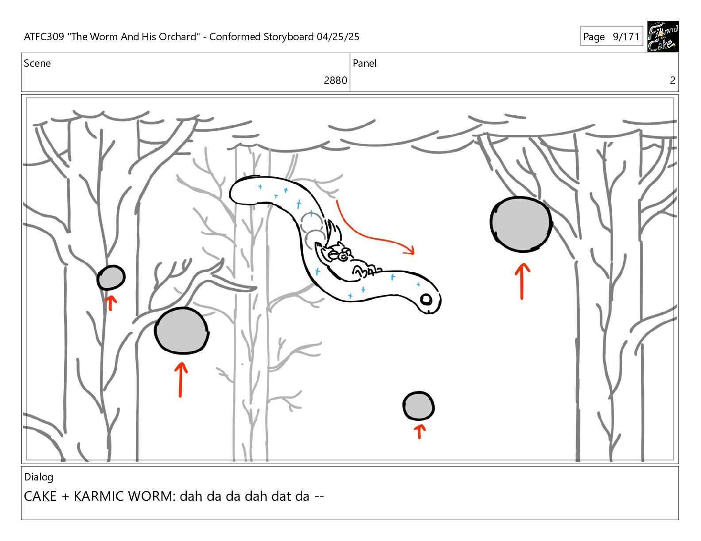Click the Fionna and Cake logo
[662, 36]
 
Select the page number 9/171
[626, 37]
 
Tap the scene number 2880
[335, 80]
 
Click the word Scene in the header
[37, 63]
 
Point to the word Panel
[365, 63]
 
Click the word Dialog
[39, 477]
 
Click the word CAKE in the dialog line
[40, 496]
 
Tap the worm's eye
[426, 299]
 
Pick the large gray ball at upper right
[521, 224]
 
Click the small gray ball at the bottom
[418, 406]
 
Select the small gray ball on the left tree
[111, 278]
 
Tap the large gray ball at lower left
[181, 331]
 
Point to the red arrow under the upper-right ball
[522, 282]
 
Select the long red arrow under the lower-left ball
[181, 380]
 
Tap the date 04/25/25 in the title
[338, 37]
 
